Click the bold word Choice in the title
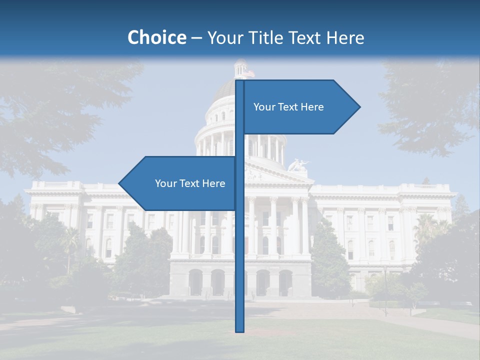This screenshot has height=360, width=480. coord(156,37)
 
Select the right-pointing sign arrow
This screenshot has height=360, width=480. coord(300,107)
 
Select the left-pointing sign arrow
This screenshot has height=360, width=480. coord(177,183)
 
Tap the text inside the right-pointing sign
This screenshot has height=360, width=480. coord(288,107)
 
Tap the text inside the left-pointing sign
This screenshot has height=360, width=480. coord(190,183)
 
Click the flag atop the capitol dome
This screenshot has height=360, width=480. coord(249,73)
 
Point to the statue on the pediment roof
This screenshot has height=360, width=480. coord(298,165)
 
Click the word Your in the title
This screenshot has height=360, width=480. coord(224,37)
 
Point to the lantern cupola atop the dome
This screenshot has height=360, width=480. coord(240,69)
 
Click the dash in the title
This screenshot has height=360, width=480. coord(196,37)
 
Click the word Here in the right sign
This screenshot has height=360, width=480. coord(312,107)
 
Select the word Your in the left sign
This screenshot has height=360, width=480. coord(165,183)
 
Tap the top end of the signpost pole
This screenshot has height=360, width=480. coord(240,81)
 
